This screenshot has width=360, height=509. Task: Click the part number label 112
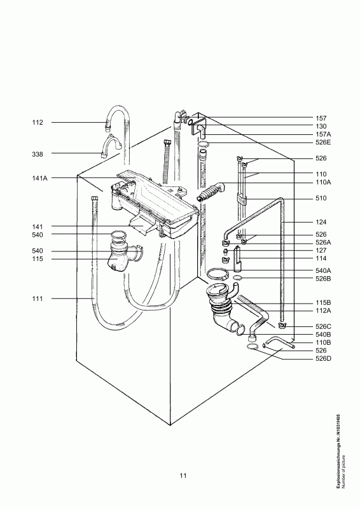click(x=38, y=122)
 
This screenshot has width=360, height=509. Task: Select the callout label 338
click(x=38, y=154)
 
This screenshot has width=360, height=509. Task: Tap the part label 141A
click(x=39, y=178)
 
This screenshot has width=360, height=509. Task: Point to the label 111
click(x=38, y=298)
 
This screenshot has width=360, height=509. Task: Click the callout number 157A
click(x=323, y=134)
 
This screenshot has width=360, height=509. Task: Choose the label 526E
click(x=323, y=142)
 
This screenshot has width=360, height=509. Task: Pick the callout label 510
click(x=321, y=199)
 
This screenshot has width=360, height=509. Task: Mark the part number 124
click(x=321, y=222)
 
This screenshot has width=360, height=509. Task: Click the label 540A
click(x=323, y=270)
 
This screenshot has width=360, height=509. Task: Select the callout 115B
click(x=323, y=303)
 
